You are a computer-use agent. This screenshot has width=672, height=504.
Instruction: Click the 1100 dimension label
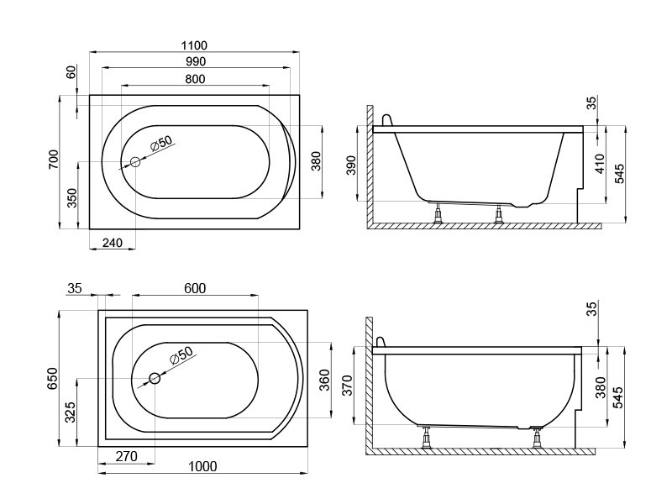click(x=194, y=45)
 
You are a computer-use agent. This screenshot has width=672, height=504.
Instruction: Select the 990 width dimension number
click(x=196, y=61)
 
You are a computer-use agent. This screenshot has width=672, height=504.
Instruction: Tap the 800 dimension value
click(x=196, y=79)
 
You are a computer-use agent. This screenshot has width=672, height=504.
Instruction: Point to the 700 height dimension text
click(x=54, y=160)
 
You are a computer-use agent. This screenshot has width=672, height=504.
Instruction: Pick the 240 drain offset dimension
click(x=113, y=243)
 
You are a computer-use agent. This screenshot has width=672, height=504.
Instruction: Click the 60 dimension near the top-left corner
click(x=71, y=71)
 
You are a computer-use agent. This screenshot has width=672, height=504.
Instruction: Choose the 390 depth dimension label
click(x=351, y=165)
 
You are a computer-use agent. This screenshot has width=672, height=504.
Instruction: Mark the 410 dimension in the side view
click(x=601, y=164)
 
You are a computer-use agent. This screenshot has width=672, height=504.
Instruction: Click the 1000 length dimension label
click(x=202, y=466)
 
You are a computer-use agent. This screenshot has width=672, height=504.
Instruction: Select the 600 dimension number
click(x=195, y=288)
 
